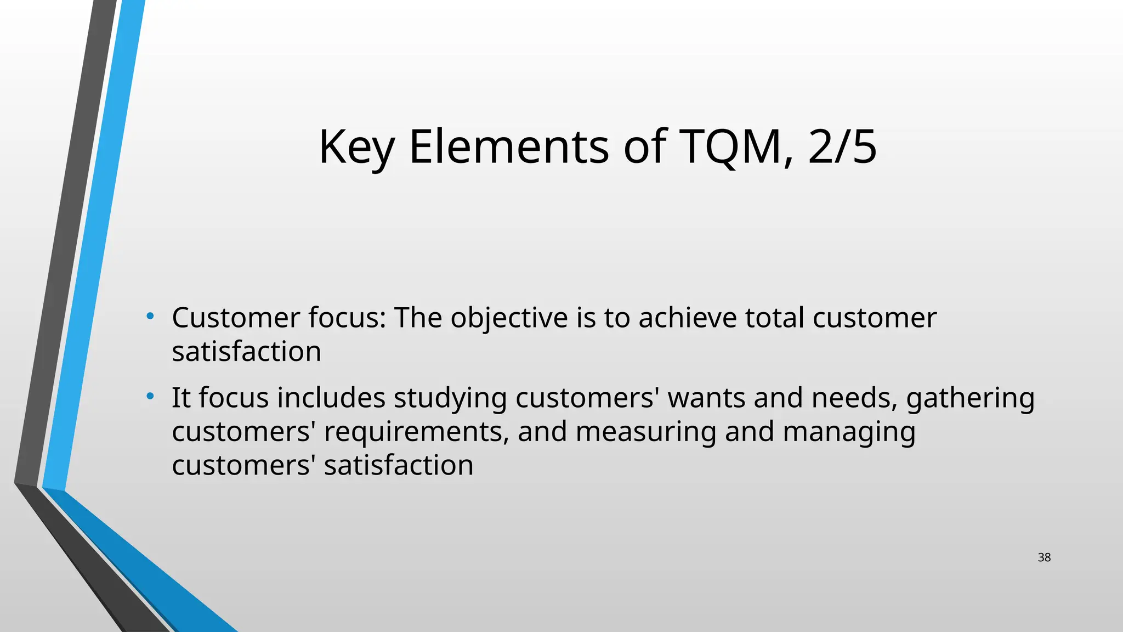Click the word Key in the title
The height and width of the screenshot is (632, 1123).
(356, 147)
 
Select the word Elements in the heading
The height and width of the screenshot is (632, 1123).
(508, 147)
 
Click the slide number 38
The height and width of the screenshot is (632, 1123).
(1044, 557)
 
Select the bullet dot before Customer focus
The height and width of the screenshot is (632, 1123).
(150, 316)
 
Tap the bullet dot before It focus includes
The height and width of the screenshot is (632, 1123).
(150, 396)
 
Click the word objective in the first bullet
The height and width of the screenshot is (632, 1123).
(509, 318)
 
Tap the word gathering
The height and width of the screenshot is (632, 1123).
(970, 398)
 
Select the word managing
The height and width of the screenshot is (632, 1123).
(849, 432)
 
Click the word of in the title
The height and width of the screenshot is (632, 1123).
(644, 147)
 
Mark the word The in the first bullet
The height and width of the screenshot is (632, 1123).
(418, 318)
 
